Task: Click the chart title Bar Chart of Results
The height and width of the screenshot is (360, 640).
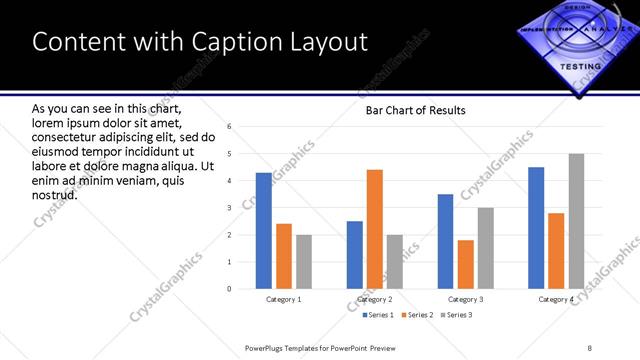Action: tap(415, 110)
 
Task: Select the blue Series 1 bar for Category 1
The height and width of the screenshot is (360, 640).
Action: tap(263, 230)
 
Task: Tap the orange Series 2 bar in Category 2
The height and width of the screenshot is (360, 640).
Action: tap(375, 229)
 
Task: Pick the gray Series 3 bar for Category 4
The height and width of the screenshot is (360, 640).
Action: tap(576, 221)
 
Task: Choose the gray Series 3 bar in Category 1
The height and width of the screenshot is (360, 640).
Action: tap(303, 262)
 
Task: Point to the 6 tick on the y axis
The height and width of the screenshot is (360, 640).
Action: tap(230, 127)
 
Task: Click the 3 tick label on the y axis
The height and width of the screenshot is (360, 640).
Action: tap(230, 208)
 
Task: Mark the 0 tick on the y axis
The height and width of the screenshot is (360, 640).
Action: tap(230, 289)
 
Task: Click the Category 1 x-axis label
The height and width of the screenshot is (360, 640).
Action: tap(284, 299)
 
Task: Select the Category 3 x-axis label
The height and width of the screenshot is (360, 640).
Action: tap(465, 299)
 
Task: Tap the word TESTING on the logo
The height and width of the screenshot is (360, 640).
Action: tap(580, 66)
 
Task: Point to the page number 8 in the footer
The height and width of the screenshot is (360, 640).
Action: tap(590, 347)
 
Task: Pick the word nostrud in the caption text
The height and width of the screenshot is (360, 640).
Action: tap(54, 194)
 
